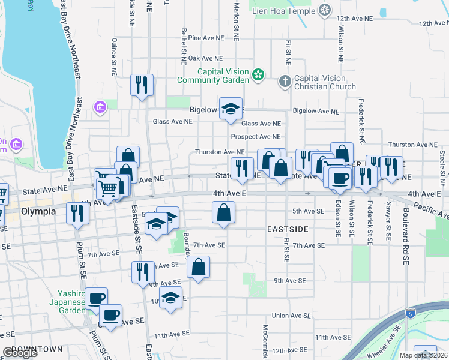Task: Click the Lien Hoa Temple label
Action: [284, 10]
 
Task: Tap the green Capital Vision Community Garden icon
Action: [258, 75]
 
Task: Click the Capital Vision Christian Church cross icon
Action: [285, 81]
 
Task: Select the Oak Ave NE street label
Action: [205, 58]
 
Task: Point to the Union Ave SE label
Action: [291, 316]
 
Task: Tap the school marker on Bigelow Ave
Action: [231, 109]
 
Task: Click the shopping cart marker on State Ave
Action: [108, 188]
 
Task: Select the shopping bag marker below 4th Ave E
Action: [223, 212]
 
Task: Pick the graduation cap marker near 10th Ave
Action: [171, 298]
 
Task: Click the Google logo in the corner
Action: [20, 353]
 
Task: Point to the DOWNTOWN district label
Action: [37, 349]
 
